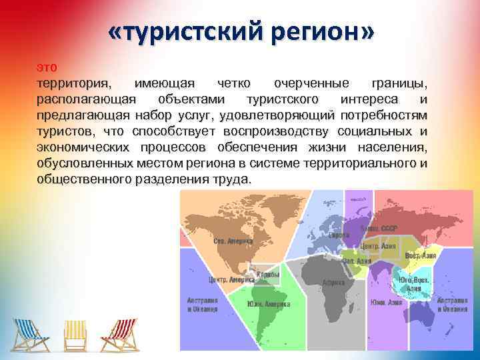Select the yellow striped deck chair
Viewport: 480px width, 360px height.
pyautogui.click(x=75, y=334)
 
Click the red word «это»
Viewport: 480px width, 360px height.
pyautogui.click(x=47, y=67)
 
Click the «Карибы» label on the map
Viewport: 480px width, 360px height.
pyautogui.click(x=269, y=274)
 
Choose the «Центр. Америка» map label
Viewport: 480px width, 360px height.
pyautogui.click(x=227, y=280)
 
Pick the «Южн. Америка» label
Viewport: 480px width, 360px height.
pyautogui.click(x=269, y=304)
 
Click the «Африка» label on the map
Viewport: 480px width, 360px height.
pyautogui.click(x=333, y=282)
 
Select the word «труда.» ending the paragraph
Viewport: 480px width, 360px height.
pyautogui.click(x=231, y=180)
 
